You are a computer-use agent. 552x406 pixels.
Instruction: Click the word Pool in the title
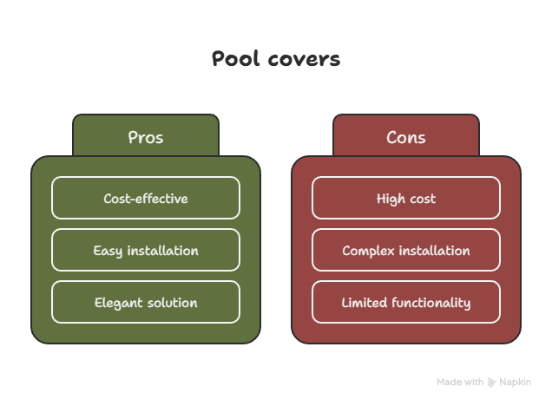pos(235,58)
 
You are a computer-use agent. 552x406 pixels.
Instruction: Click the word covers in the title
pos(304,59)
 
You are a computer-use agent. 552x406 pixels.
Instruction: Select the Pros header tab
pos(146,135)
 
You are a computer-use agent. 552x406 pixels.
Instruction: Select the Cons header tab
pos(406,135)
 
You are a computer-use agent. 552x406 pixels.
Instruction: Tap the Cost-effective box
pos(146,198)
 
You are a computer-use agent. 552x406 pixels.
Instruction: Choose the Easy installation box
pos(146,250)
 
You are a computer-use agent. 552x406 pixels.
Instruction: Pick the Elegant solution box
pos(146,302)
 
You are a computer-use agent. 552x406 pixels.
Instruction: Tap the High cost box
pos(406,198)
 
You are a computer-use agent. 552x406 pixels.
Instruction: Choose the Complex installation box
pos(406,250)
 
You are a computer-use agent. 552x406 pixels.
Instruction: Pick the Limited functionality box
pos(406,302)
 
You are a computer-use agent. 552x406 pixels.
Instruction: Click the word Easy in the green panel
pos(108,252)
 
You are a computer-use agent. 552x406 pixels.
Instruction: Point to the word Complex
pos(368,252)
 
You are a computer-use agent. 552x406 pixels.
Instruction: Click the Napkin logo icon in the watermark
pos(491,382)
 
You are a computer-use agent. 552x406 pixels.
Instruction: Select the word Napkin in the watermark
pos(515,383)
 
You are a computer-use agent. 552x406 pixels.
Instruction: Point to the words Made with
pos(460,382)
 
